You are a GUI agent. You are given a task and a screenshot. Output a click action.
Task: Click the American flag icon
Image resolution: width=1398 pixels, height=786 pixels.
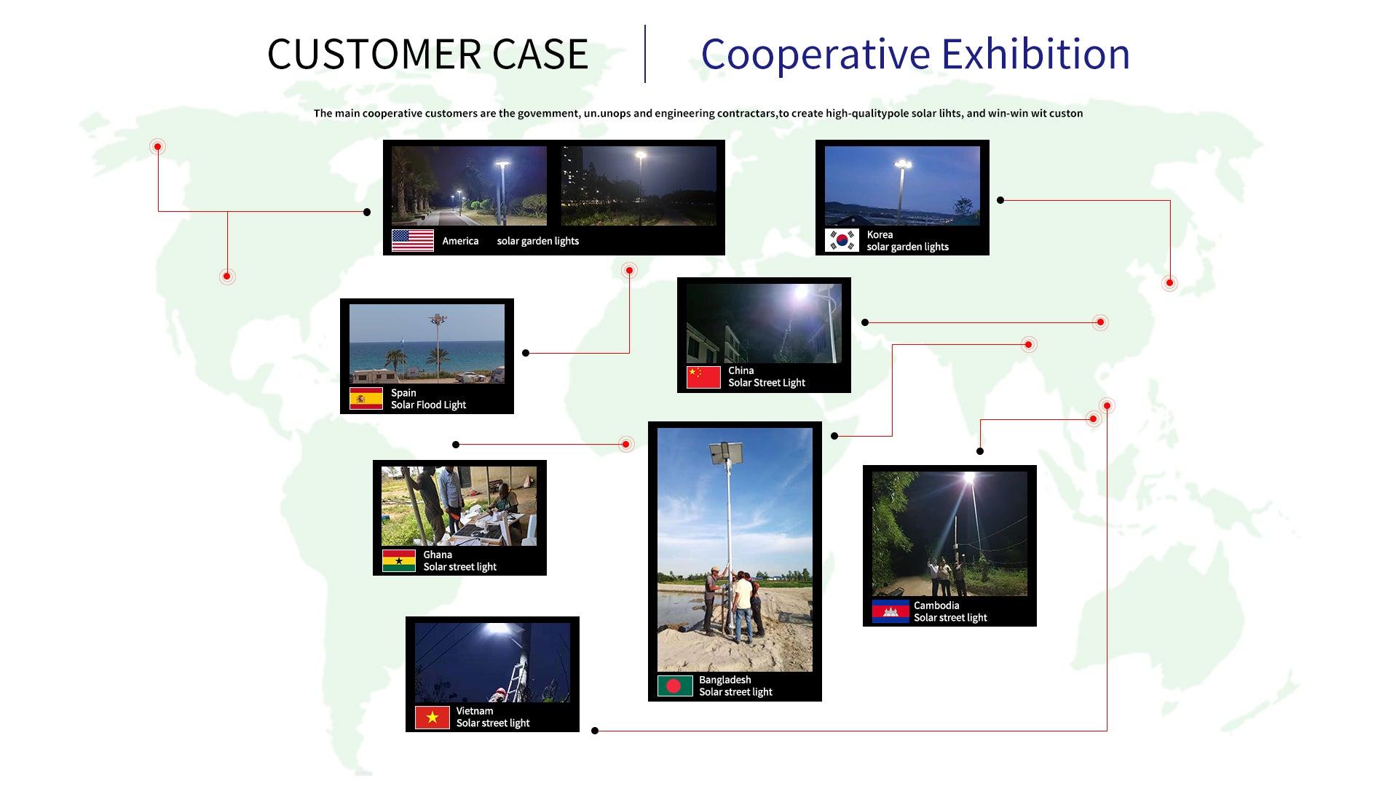[412, 241]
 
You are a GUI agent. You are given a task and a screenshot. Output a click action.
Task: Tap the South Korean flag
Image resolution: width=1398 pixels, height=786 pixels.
[842, 240]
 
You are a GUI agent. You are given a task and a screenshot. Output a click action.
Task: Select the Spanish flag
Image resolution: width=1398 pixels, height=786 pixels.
[366, 399]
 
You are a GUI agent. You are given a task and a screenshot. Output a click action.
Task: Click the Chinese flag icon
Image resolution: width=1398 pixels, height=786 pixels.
[703, 377]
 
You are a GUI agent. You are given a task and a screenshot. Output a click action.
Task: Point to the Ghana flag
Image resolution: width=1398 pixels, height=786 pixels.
[398, 560]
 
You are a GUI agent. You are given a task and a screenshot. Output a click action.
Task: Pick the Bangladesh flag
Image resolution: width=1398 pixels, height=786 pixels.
[674, 686]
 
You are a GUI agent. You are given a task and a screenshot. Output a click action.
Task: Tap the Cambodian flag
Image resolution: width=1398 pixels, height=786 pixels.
[890, 611]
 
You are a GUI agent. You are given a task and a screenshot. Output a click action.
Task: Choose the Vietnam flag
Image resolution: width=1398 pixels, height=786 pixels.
[432, 717]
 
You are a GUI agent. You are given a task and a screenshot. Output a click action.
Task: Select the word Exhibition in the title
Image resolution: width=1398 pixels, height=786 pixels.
[1035, 55]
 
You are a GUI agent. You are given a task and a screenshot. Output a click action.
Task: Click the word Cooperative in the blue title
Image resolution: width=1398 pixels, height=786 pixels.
[815, 55]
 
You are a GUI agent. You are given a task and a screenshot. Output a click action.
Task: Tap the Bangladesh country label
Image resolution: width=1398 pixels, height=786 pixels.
[724, 680]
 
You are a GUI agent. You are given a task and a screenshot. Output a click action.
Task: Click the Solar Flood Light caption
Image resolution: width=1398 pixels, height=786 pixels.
[428, 405]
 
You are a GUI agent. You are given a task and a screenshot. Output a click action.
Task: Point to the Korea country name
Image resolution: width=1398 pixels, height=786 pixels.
[880, 234]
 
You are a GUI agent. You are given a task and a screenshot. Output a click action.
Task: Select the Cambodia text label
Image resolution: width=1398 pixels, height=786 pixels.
[936, 606]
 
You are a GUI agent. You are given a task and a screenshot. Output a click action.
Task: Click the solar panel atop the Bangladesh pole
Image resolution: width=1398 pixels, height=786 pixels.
[726, 452]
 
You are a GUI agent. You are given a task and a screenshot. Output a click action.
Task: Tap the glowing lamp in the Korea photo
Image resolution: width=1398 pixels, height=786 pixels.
[903, 164]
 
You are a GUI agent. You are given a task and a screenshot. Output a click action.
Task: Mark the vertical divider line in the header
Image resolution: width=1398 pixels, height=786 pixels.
[645, 54]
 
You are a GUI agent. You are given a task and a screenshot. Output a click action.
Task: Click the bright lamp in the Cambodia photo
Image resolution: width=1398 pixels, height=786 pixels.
[969, 478]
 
